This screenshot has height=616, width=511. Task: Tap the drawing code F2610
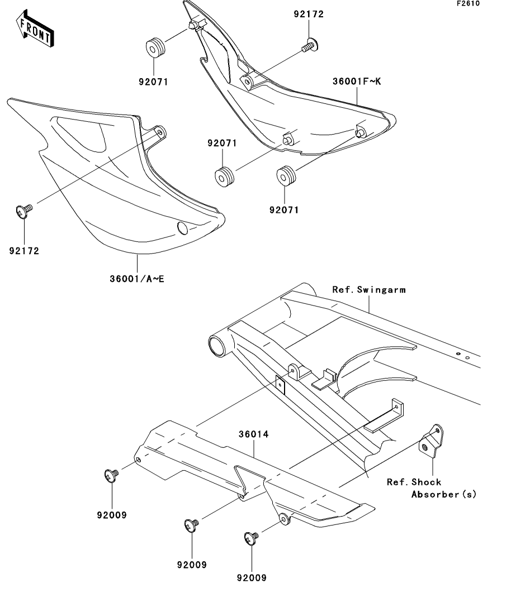point(468,3)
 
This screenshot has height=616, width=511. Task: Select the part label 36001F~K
point(357,82)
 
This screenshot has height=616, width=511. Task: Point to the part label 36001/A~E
point(137,279)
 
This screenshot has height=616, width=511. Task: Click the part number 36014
point(254,434)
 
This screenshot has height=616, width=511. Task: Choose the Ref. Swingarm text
point(369,289)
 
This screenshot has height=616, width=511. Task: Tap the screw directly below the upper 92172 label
point(310,45)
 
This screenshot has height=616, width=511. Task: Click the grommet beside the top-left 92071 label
point(155,47)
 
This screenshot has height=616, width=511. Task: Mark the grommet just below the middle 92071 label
point(225,177)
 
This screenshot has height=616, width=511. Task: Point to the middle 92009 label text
point(192,565)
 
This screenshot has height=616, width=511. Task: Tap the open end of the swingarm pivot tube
point(217,346)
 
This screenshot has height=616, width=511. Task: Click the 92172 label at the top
point(309,14)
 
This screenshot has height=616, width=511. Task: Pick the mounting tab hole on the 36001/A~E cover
point(160,132)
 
